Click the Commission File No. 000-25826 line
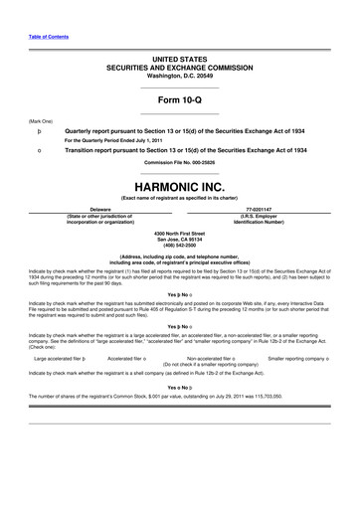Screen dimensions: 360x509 coord(179,163)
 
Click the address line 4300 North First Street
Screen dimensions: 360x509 coord(179,233)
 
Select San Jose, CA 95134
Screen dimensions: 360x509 coord(179,239)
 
